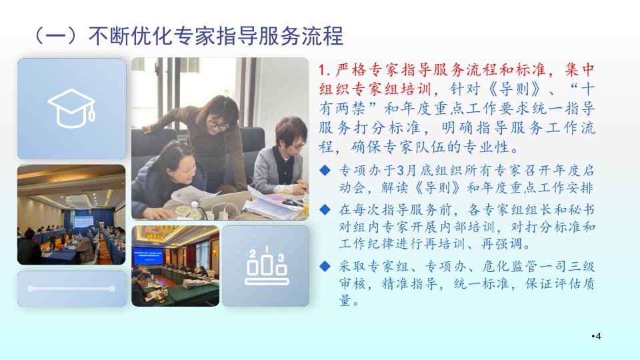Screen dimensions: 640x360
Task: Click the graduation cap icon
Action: point(72,108)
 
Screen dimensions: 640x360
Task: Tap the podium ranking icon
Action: point(266,265)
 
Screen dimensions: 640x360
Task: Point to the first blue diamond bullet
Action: point(325,170)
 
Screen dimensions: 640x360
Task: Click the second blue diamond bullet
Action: point(325,210)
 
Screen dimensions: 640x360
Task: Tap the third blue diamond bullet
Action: point(325,266)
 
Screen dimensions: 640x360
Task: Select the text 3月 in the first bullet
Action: point(405,170)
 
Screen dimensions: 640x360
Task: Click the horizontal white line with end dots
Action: point(71,289)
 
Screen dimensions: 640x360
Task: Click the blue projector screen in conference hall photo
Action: point(84,221)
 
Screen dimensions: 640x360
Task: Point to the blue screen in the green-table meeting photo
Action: point(149,255)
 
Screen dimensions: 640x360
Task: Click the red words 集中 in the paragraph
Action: point(579,70)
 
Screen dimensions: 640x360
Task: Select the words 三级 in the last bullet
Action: point(581,267)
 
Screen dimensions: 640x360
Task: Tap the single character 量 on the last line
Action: point(345,301)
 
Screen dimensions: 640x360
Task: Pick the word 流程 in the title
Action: point(323,36)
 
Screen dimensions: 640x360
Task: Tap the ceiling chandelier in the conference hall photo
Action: point(79,200)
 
